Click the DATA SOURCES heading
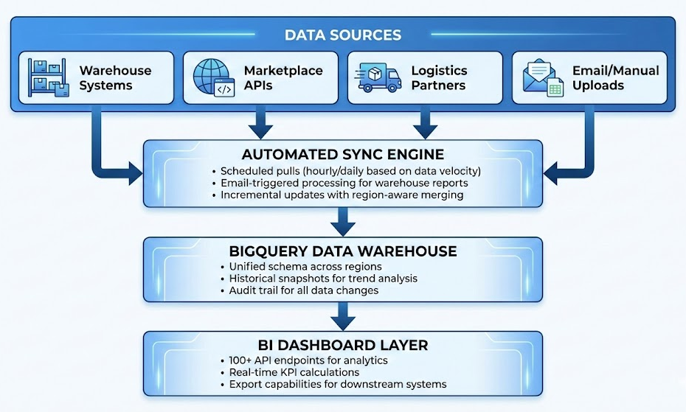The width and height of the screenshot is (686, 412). (343, 35)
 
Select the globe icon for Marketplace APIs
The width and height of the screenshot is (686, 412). (213, 77)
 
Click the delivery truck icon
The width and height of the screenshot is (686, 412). (378, 77)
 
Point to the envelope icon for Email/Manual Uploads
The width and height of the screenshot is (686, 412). (543, 77)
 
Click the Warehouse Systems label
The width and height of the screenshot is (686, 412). (115, 77)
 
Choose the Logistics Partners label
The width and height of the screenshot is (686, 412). (439, 77)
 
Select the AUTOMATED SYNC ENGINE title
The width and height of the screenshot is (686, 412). (343, 154)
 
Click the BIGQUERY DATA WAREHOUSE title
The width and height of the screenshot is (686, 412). (343, 251)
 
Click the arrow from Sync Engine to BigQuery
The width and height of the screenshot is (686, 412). (343, 220)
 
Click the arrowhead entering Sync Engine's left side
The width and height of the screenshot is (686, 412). (134, 175)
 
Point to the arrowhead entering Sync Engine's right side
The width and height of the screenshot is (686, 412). (552, 175)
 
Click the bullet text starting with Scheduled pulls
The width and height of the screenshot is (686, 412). (345, 171)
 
